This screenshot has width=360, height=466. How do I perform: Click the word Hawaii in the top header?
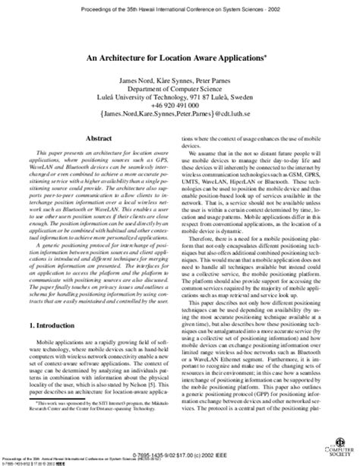pos(135,7)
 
